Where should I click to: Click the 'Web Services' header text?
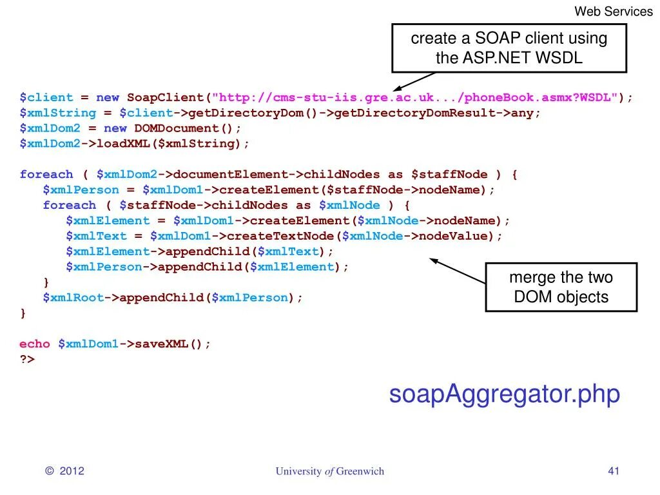613,11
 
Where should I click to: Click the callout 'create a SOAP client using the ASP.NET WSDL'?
509,48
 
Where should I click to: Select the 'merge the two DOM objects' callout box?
561,287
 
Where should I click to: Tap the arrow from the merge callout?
458,271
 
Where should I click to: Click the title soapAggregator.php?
504,394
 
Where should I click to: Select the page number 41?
613,471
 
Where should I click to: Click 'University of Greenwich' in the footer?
329,471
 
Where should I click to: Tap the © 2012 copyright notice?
65,471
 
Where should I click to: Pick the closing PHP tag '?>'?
27,360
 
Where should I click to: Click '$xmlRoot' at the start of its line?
73,298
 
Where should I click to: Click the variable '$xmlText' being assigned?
96,236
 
